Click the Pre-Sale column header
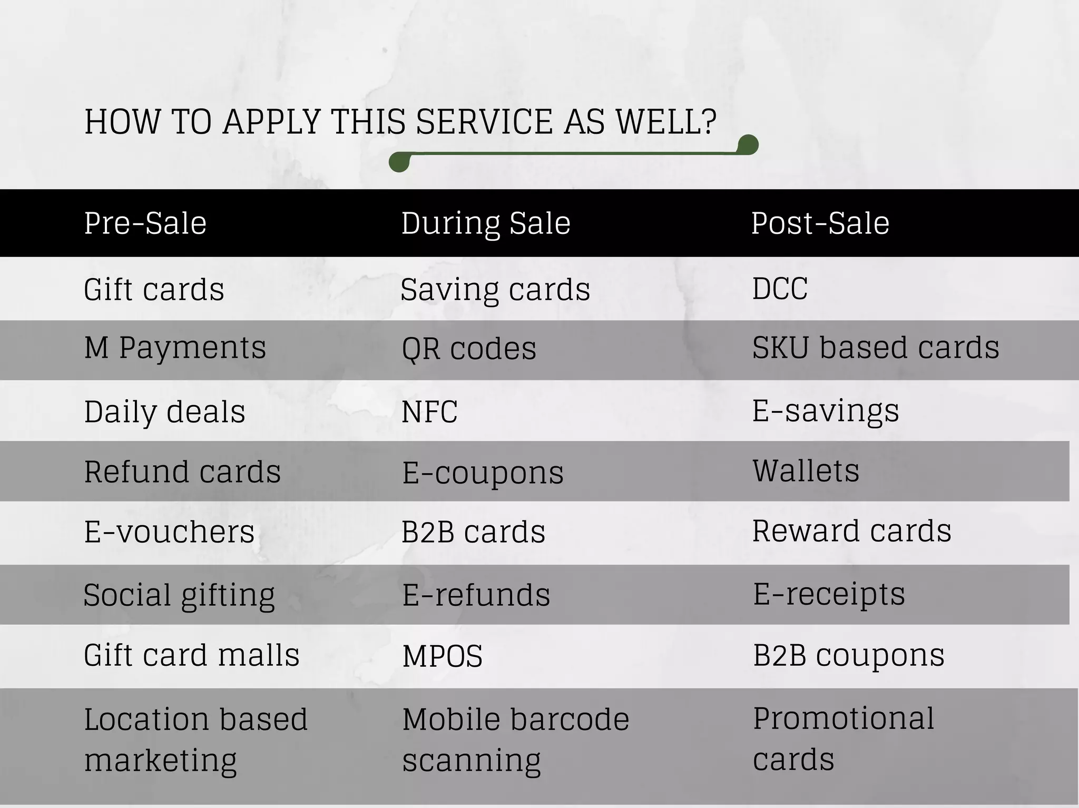click(x=145, y=223)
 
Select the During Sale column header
click(x=486, y=223)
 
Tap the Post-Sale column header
click(x=820, y=223)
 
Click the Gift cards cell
click(x=154, y=289)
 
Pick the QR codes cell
click(x=469, y=349)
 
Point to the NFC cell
click(x=429, y=411)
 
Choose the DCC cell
click(x=780, y=289)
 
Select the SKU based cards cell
click(x=875, y=348)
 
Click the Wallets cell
click(x=806, y=470)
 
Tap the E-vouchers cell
click(x=169, y=531)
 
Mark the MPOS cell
click(x=443, y=656)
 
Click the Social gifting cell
click(x=179, y=595)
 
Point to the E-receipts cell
click(x=829, y=594)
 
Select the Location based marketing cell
click(x=195, y=740)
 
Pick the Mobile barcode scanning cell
click(x=515, y=740)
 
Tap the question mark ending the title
click(x=709, y=122)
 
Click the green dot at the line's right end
click(x=748, y=144)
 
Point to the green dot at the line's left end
click(x=399, y=162)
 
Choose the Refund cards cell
click(x=182, y=471)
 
